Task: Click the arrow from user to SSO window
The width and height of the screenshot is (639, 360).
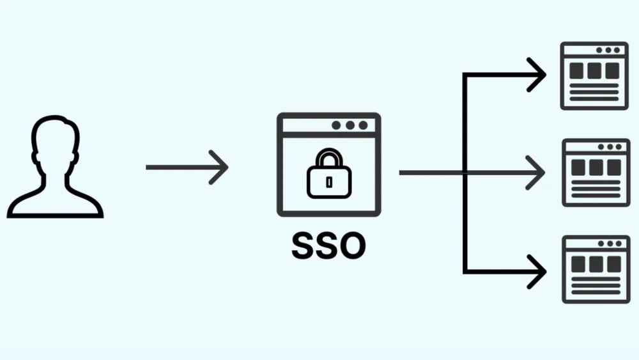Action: coord(187,167)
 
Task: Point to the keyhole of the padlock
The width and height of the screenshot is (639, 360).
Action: coord(329,182)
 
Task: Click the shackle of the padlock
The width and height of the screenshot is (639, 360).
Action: coord(329,157)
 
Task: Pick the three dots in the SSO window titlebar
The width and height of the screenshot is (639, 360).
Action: coord(350,125)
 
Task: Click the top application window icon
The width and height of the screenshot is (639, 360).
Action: coord(594,76)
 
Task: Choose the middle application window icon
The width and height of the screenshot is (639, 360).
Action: coord(596,173)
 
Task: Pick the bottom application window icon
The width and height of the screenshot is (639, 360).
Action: coord(596,269)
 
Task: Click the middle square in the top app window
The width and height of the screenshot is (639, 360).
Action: coord(594,71)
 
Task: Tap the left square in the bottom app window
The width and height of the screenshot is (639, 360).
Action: coord(578,265)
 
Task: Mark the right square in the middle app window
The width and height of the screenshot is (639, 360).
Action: coord(613,168)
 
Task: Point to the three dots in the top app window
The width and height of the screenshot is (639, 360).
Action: coord(608,50)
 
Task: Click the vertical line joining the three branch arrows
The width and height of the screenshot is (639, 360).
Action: coord(465,173)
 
